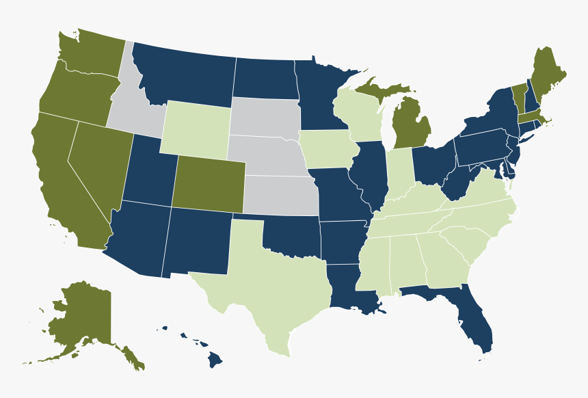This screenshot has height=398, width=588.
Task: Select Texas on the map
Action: pyautogui.click(x=273, y=287)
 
